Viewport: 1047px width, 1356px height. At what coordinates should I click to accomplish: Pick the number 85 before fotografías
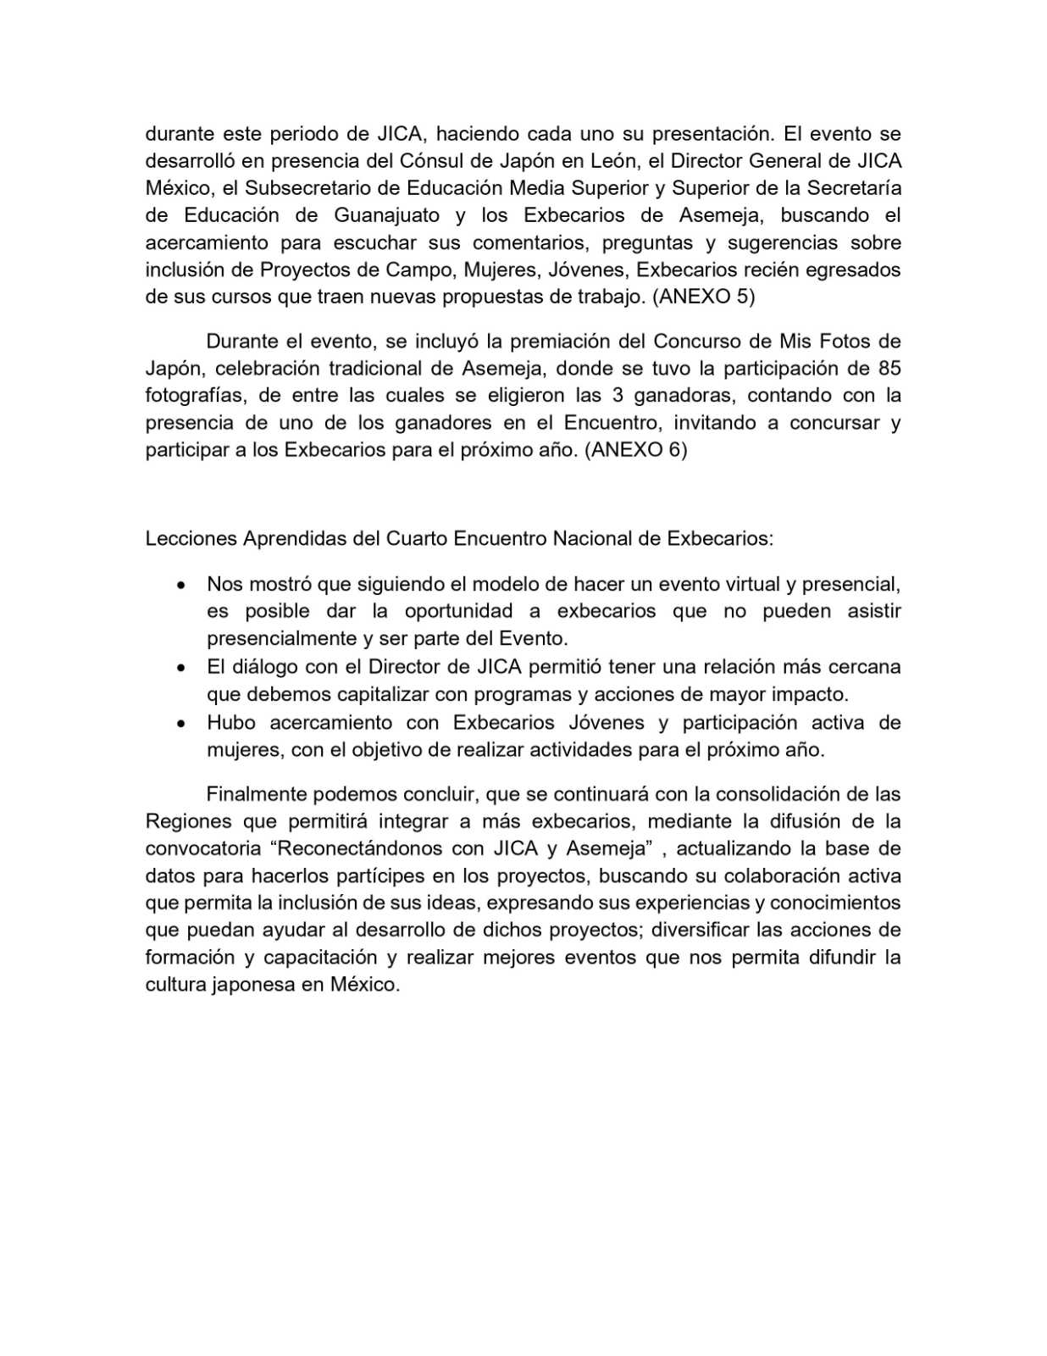pyautogui.click(x=889, y=368)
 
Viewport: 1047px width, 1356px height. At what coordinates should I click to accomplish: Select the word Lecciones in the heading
pyautogui.click(x=191, y=539)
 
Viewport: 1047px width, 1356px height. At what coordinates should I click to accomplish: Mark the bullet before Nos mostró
pyautogui.click(x=180, y=585)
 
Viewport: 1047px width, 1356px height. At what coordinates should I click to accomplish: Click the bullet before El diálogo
pyautogui.click(x=180, y=668)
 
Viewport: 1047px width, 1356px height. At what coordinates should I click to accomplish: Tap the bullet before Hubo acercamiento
pyautogui.click(x=180, y=724)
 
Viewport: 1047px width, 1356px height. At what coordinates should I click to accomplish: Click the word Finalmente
pyautogui.click(x=257, y=794)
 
